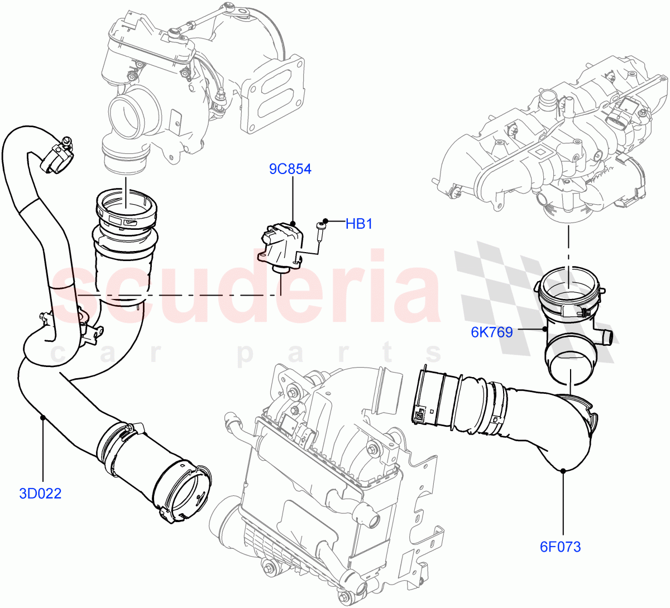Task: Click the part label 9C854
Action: pos(290,168)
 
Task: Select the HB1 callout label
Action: pos(358,224)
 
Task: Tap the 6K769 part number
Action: pos(491,332)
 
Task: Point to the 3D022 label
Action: pos(40,493)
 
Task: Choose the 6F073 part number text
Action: pos(560,547)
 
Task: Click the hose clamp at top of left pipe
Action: pos(59,156)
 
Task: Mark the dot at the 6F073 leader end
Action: pos(563,471)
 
